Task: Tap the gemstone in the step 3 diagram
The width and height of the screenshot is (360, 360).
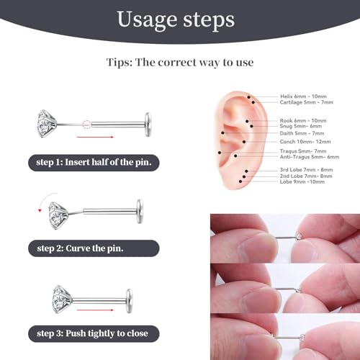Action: (x=65, y=297)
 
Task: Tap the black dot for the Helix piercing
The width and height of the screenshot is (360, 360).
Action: (x=248, y=97)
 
